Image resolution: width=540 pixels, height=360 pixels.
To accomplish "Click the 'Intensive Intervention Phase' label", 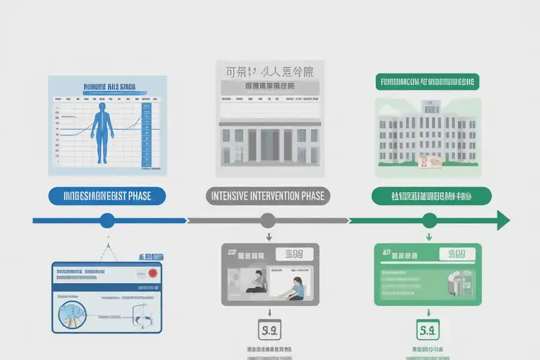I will coord(267,196).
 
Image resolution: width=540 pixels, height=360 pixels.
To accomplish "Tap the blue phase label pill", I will coord(107,196).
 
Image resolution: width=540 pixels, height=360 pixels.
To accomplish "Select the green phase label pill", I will coord(431,196).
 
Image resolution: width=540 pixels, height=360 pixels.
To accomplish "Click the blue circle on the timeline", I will coord(107,220).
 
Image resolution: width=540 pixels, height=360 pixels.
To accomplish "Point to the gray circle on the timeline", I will coord(267,220).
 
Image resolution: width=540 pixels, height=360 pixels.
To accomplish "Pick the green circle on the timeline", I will coord(429,220).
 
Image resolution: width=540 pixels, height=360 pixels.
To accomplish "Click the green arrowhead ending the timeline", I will coord(503,220).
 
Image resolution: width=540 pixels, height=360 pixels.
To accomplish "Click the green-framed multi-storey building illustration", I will coord(428,134).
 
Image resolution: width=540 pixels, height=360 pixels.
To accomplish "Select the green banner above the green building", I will coord(427,81).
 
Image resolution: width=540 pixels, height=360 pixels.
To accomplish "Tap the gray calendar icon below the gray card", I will coord(268,332).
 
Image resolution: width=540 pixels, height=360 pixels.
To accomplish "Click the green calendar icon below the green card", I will coord(428,332).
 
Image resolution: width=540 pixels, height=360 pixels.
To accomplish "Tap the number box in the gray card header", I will coord(295,254).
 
